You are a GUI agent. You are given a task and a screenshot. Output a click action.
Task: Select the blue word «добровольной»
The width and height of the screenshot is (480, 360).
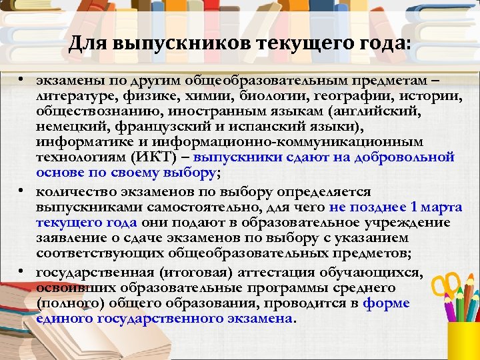405,158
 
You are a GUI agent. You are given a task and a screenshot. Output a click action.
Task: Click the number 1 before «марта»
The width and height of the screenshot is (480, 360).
415,207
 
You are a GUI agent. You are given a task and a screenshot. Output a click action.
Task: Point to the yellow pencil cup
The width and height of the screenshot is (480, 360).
462,340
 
